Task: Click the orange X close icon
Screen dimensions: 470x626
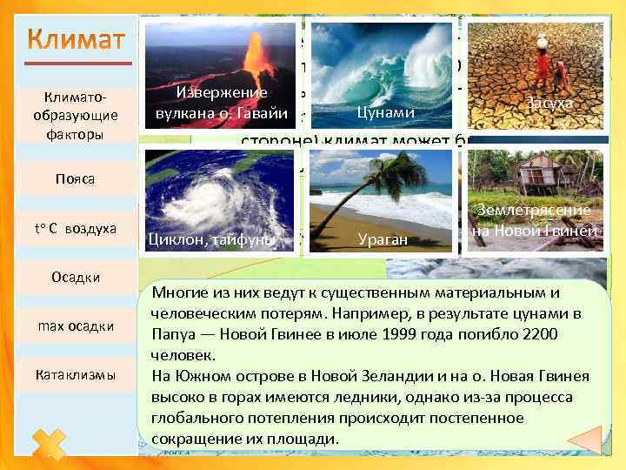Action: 51,444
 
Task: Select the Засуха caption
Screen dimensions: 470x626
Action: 548,103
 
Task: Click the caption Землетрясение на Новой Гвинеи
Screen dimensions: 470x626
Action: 534,221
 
